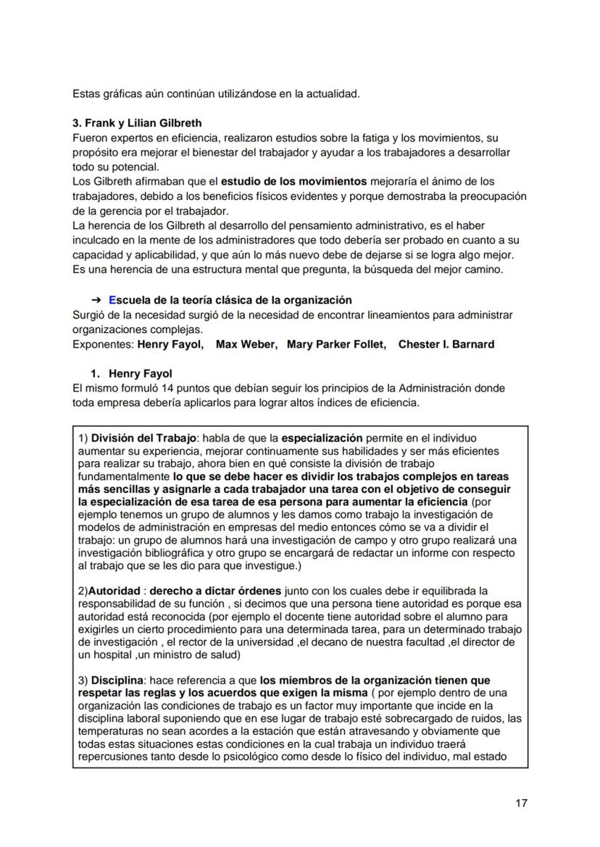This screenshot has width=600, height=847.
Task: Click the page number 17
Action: click(x=521, y=803)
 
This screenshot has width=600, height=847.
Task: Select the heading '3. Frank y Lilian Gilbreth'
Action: click(x=137, y=123)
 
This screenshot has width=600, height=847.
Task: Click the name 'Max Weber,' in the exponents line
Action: click(x=246, y=345)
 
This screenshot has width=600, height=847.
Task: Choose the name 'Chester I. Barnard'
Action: click(x=446, y=345)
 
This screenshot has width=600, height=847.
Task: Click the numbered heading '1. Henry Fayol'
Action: click(x=131, y=374)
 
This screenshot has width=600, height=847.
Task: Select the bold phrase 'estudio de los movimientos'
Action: click(x=295, y=182)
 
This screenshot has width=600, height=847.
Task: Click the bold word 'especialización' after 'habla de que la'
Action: click(x=322, y=439)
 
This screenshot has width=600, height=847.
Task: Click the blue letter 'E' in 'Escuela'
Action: click(x=112, y=300)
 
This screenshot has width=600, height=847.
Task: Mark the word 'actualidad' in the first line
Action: click(x=333, y=94)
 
